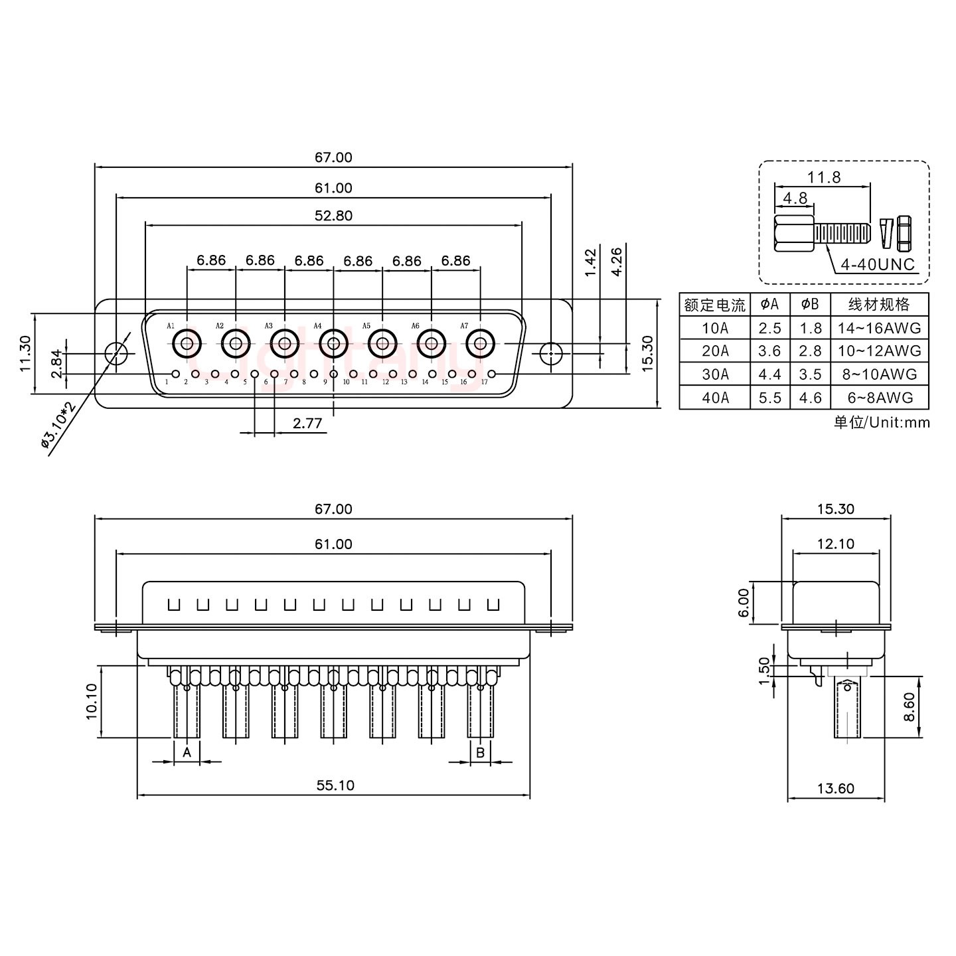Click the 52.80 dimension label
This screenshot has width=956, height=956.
(x=333, y=215)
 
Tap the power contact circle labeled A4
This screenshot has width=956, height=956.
(x=333, y=343)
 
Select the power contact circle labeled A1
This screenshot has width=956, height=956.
(x=187, y=343)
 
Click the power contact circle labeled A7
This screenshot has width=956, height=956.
(x=480, y=343)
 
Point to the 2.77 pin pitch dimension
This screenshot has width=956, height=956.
(x=307, y=423)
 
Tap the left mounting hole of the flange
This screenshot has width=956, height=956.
(x=117, y=353)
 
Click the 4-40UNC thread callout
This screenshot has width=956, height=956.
(x=878, y=264)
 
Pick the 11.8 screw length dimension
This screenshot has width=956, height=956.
(x=824, y=177)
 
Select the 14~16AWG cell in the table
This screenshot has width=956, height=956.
(x=879, y=327)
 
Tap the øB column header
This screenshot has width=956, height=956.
(x=810, y=304)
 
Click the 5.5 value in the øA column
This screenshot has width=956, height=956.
(x=769, y=398)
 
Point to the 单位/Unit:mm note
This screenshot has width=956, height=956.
(x=881, y=422)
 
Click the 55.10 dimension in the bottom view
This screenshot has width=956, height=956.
(x=335, y=785)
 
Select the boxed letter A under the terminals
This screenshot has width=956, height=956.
(x=187, y=752)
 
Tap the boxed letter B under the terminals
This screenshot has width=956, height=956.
(x=480, y=752)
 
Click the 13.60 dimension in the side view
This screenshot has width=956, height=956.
(x=835, y=788)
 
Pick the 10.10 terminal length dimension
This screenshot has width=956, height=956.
(x=91, y=701)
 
